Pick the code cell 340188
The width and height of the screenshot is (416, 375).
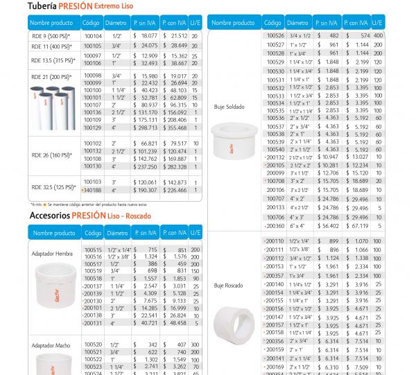click(x=92, y=189)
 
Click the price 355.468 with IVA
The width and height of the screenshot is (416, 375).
click(x=175, y=128)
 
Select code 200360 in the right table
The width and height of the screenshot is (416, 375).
click(x=275, y=226)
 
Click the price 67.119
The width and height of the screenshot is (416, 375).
click(x=358, y=226)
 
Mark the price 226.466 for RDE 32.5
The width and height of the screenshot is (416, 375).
click(x=175, y=189)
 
